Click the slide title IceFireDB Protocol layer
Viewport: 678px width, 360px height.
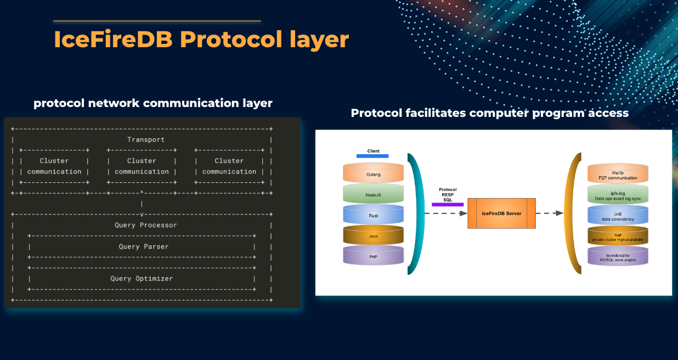pyautogui.click(x=201, y=40)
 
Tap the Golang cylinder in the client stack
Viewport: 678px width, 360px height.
pyautogui.click(x=373, y=174)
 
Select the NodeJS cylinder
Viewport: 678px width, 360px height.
pyautogui.click(x=373, y=195)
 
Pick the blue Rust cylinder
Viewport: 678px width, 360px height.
pyautogui.click(x=373, y=216)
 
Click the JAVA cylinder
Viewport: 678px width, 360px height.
pyautogui.click(x=373, y=236)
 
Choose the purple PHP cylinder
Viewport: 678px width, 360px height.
pyautogui.click(x=373, y=256)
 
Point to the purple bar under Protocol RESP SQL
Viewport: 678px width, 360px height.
pyautogui.click(x=448, y=205)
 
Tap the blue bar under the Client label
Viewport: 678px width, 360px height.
pyautogui.click(x=372, y=156)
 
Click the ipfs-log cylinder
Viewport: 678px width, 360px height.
pyautogui.click(x=618, y=195)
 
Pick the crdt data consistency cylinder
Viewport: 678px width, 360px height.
pyautogui.click(x=618, y=216)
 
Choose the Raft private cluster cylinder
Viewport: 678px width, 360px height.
pyautogui.click(x=618, y=237)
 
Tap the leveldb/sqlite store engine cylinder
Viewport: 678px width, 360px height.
pyautogui.click(x=618, y=257)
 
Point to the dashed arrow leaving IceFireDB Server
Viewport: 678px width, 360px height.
pyautogui.click(x=550, y=213)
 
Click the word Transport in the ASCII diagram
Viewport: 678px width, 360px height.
pyautogui.click(x=145, y=139)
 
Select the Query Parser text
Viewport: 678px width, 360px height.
pyautogui.click(x=143, y=246)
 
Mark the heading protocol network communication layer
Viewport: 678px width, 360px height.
pyautogui.click(x=153, y=103)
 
